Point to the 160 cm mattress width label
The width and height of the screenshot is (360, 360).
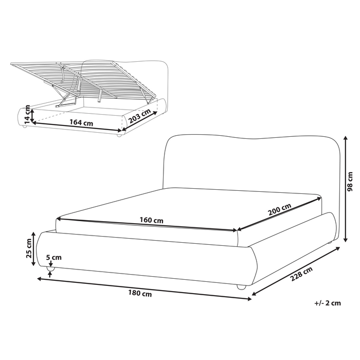coord(152,221)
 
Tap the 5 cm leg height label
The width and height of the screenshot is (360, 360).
coord(53,258)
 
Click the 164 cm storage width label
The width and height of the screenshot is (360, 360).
coord(81,123)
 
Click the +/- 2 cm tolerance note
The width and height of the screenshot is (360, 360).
coord(327,303)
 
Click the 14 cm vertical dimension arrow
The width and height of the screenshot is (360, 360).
coord(32,115)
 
